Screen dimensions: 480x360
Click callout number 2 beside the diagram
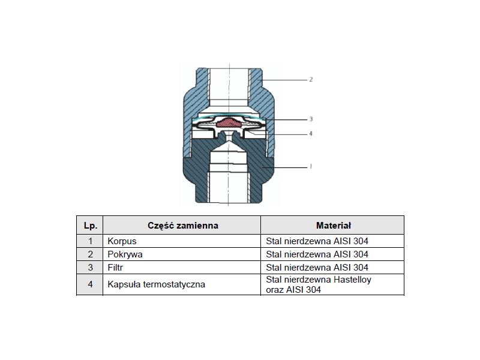(x=311, y=80)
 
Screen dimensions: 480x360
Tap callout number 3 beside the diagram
(x=311, y=119)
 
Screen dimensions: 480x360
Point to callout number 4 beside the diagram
(x=311, y=134)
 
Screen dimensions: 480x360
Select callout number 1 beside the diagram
(x=311, y=167)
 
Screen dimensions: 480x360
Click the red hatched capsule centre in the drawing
(x=230, y=122)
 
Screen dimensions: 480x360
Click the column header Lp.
(x=91, y=226)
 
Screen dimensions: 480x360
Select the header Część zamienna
(x=183, y=226)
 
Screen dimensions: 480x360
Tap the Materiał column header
(x=333, y=226)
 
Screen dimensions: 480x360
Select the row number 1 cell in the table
(x=91, y=241)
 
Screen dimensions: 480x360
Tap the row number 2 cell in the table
(x=91, y=254)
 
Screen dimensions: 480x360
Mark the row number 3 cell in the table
(x=91, y=268)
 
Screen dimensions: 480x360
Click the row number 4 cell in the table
(x=91, y=284)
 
